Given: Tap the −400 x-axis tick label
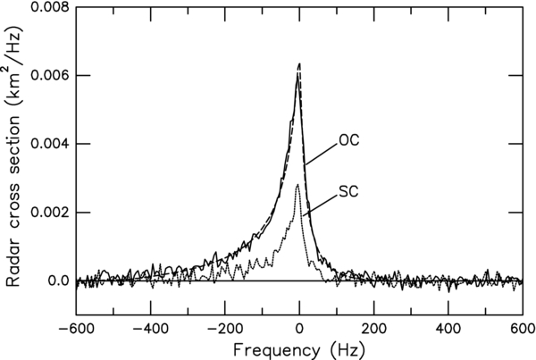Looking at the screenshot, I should (148, 328).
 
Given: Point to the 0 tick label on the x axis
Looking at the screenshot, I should (299, 328).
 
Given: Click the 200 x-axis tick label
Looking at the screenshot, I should (374, 328).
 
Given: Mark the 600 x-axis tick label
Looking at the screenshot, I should (522, 328).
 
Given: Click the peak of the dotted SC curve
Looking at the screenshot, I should (297, 185).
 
